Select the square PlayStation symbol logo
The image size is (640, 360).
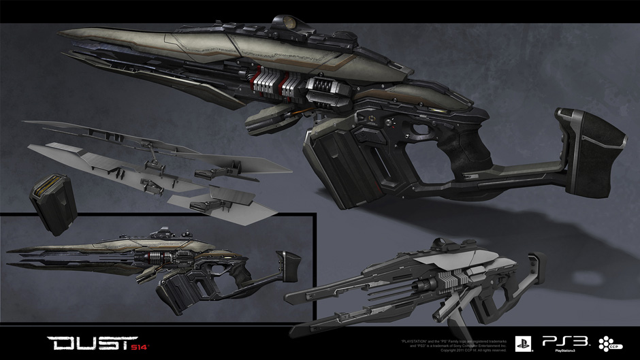point(523,343)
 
